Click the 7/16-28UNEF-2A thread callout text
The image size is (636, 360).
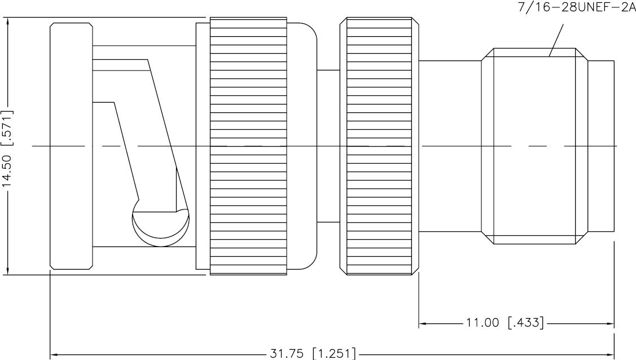(x=576, y=8)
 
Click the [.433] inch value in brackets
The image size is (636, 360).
(x=525, y=323)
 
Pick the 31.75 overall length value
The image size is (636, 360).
(x=287, y=354)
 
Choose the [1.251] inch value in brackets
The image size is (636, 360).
(x=334, y=354)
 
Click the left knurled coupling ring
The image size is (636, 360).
(x=248, y=146)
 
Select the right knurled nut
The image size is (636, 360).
(x=380, y=146)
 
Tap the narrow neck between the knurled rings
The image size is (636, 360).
(x=328, y=146)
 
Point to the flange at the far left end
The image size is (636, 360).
(x=71, y=146)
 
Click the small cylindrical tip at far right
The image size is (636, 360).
(x=600, y=146)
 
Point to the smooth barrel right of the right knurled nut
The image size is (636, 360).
(x=450, y=146)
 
